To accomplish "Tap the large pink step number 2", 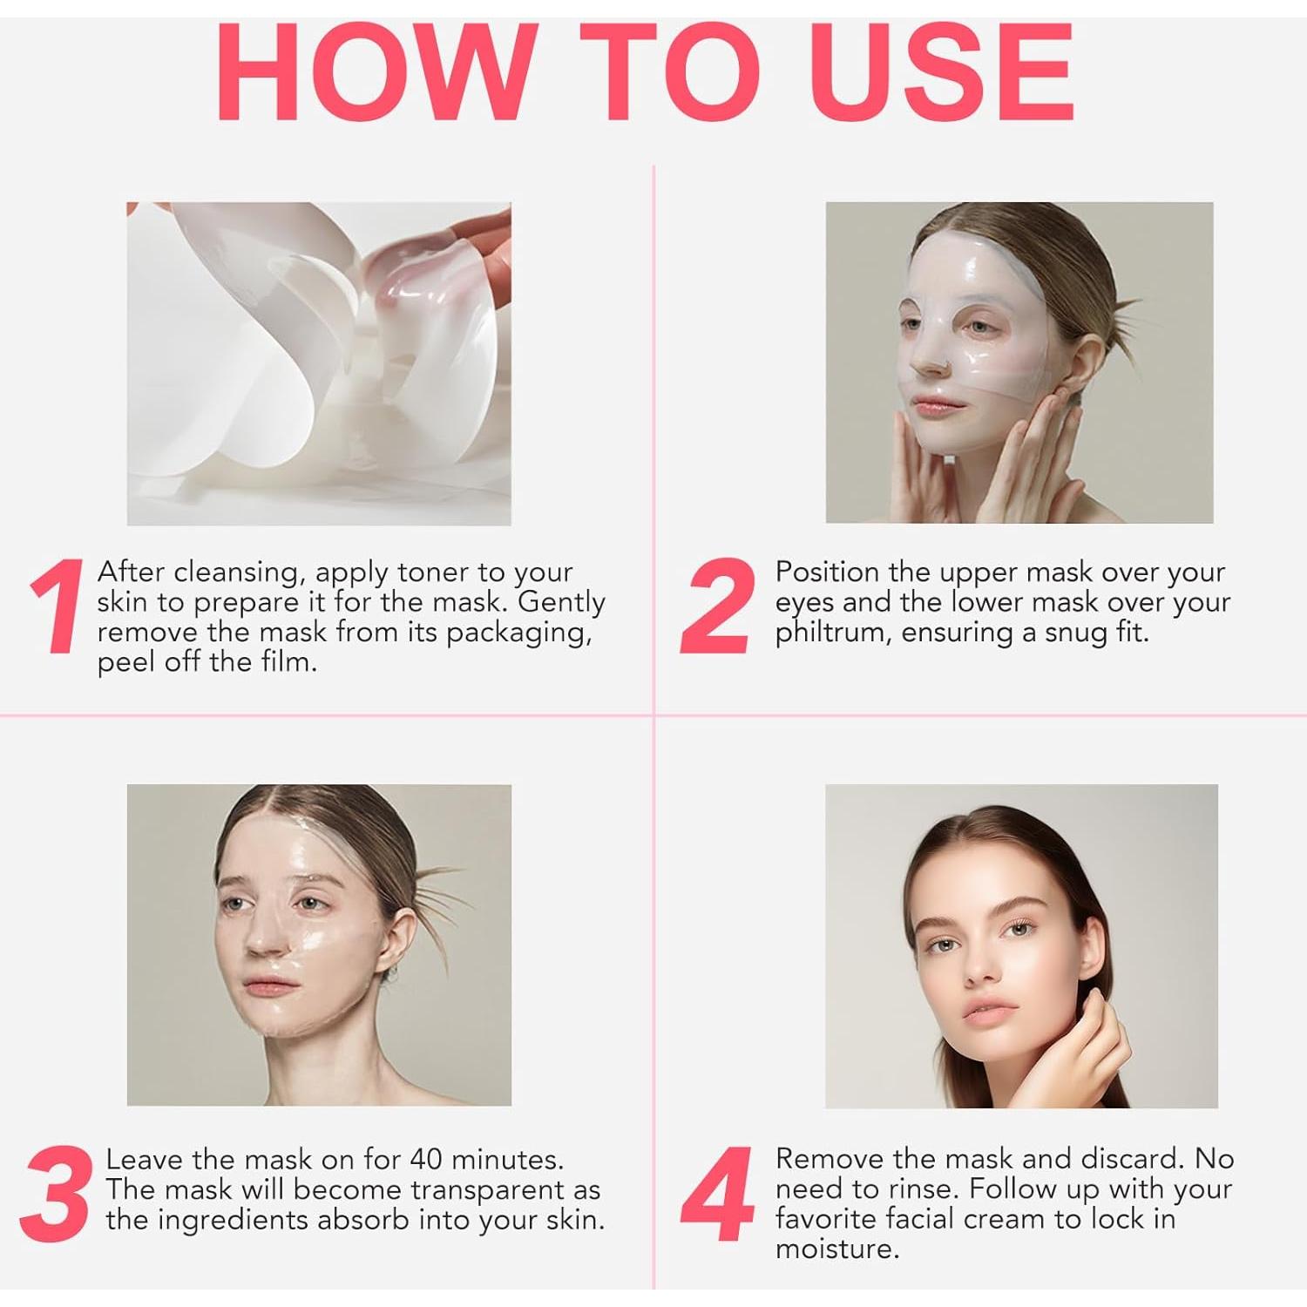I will pos(717,606).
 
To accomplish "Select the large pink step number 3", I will pos(56,1194).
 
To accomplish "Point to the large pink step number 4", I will pos(717,1194).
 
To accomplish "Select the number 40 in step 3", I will pos(426,1160).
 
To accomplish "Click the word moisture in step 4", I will pos(836,1249).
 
